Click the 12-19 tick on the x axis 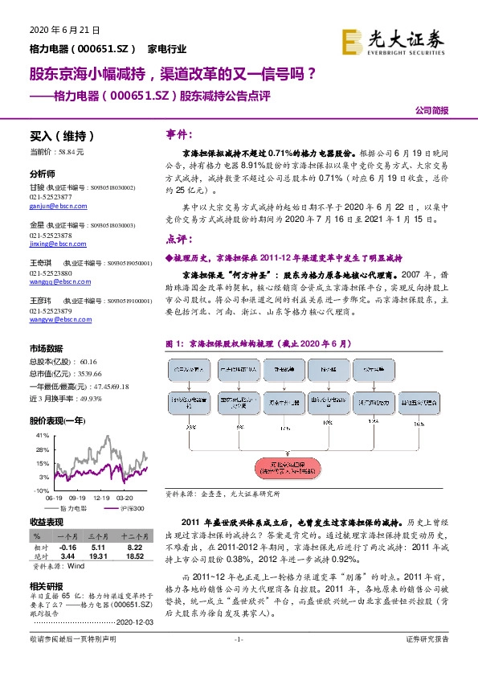click(101, 499)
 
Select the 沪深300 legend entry click(131, 508)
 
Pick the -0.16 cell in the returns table click(67, 546)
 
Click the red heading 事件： click(178, 133)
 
